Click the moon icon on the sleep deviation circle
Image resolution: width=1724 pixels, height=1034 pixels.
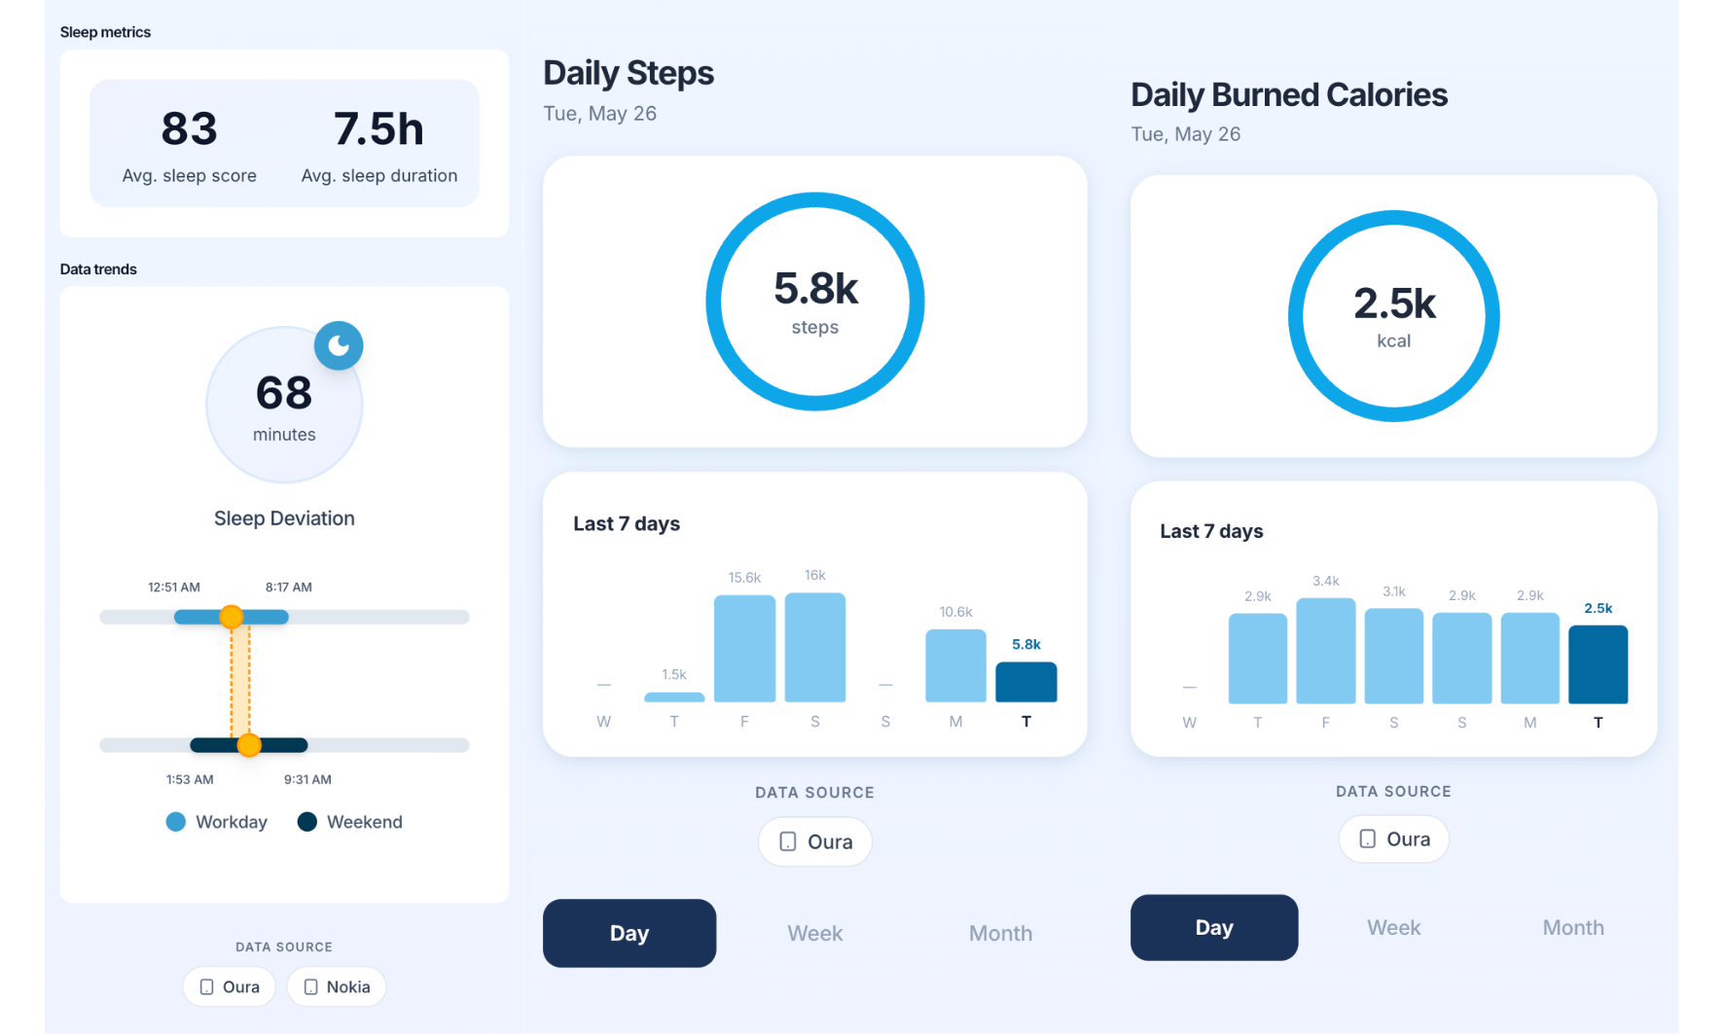(339, 345)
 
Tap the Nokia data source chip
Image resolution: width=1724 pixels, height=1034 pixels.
(337, 986)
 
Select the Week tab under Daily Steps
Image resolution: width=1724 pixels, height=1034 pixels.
(814, 933)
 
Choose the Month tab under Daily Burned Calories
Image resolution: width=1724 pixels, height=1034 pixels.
(1573, 927)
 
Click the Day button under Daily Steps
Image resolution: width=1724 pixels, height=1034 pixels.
(629, 933)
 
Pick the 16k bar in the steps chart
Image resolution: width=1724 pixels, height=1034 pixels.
(815, 647)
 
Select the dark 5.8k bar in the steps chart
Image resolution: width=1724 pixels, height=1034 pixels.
(1026, 682)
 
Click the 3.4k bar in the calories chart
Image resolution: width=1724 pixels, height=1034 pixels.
(1326, 651)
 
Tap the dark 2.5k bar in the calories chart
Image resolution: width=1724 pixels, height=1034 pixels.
(1598, 664)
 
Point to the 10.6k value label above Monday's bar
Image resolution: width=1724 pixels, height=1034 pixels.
(955, 612)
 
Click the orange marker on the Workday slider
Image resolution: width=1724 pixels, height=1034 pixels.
(232, 617)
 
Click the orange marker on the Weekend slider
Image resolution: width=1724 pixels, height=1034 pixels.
(249, 745)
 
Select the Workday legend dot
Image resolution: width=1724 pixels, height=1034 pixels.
(176, 822)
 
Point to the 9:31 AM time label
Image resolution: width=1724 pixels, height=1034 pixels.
(307, 779)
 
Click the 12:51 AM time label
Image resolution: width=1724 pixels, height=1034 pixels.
(174, 587)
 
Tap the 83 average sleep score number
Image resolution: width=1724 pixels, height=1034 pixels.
(190, 128)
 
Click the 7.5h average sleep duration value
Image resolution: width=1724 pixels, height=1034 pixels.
(378, 128)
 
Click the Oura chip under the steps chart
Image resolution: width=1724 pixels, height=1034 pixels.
(815, 841)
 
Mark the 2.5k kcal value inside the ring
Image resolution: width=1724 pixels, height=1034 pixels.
(1394, 303)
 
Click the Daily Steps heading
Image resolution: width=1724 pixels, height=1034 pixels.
(629, 73)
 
